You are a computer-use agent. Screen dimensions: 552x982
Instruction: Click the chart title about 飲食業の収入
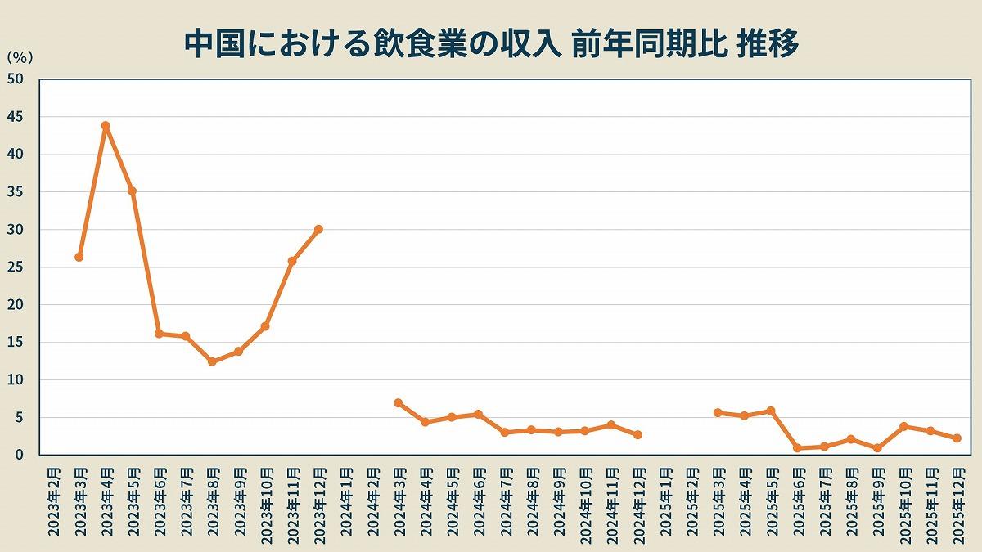(491, 44)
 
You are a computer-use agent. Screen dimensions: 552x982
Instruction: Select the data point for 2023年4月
(106, 126)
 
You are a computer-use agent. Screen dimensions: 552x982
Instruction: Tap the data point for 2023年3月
(79, 257)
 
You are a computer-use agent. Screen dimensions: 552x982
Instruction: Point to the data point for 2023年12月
(318, 229)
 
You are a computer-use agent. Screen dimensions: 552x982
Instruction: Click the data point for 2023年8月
(212, 361)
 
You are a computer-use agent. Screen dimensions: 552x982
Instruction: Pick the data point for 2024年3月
(399, 403)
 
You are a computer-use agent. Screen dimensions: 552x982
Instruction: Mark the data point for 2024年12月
(637, 435)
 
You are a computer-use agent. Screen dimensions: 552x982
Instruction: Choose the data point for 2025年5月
(771, 411)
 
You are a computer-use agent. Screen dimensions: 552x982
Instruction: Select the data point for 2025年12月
(957, 438)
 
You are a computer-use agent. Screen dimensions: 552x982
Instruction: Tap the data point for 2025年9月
(877, 448)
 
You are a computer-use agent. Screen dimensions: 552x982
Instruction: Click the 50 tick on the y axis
(16, 79)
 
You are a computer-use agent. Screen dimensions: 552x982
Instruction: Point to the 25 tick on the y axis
(16, 267)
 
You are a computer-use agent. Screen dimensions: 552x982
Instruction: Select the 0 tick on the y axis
(20, 455)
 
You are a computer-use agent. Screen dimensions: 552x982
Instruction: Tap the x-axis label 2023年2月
(53, 501)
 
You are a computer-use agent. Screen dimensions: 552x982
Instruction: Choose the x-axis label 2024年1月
(345, 501)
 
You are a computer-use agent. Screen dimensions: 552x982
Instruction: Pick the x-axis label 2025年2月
(691, 501)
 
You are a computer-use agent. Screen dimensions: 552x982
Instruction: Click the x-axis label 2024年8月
(532, 501)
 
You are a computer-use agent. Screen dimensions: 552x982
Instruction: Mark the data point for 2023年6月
(159, 334)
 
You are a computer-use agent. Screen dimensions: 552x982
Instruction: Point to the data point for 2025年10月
(903, 426)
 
